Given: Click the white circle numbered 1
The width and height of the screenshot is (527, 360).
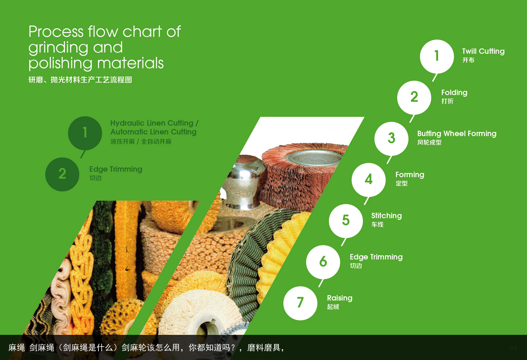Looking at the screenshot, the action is (x=437, y=57).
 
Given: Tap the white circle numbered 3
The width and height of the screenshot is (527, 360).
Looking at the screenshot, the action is (x=391, y=139).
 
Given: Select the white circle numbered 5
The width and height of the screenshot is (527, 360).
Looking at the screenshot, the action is (x=346, y=221).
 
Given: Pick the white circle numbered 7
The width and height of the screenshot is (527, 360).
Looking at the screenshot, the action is (x=300, y=303).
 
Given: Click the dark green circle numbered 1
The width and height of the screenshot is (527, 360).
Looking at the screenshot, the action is (x=85, y=133).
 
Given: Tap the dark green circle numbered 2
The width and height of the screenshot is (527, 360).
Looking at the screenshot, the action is (x=62, y=174).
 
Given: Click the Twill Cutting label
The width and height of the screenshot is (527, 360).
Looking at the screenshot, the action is (x=483, y=51).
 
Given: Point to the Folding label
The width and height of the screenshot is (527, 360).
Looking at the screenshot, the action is (x=454, y=93).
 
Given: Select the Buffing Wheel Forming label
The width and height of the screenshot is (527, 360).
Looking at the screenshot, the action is (x=457, y=134).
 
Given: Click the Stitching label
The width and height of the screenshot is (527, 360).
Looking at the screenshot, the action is (x=387, y=216).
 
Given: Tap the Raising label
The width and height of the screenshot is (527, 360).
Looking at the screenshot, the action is (x=340, y=298).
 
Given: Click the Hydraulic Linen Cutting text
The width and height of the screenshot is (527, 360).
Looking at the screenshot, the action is (x=152, y=123).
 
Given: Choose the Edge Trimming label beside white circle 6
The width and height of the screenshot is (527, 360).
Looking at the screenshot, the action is (x=376, y=257).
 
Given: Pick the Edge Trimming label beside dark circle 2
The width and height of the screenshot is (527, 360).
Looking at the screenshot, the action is (x=116, y=169).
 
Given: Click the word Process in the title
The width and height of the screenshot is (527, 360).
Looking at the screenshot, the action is (x=56, y=31).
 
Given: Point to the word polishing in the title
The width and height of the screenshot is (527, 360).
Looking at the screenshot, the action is (x=60, y=64).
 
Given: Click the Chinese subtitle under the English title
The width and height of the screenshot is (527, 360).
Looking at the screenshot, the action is (x=80, y=80).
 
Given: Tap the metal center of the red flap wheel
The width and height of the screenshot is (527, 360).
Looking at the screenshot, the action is (x=314, y=158).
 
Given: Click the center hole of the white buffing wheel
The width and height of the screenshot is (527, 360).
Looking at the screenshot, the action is (x=207, y=328).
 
